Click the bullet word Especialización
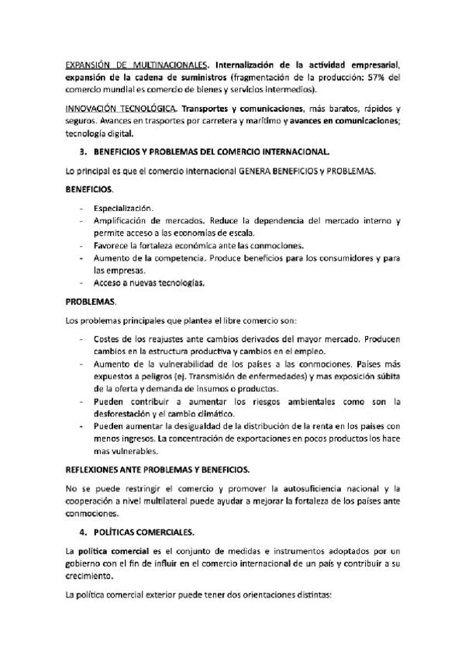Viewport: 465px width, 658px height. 123,208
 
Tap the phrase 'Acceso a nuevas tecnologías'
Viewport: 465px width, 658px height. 149,283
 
